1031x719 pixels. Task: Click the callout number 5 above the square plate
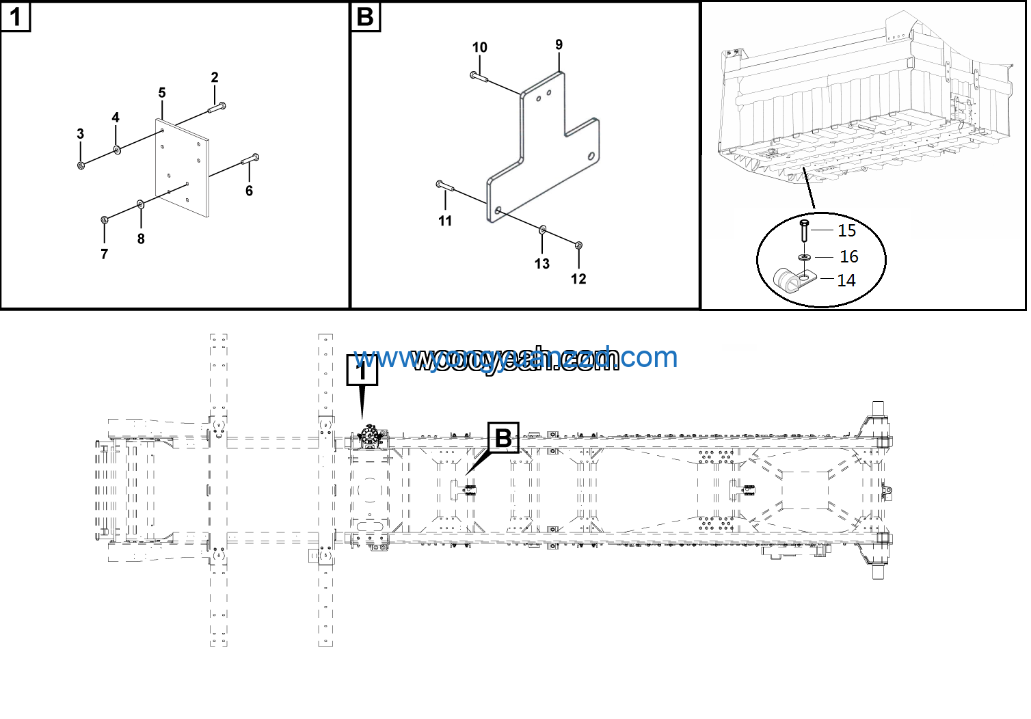(x=162, y=93)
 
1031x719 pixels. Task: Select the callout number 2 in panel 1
(x=215, y=77)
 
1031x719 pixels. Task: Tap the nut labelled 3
(x=81, y=165)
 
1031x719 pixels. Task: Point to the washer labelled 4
(x=118, y=149)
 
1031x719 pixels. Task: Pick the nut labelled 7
(x=105, y=219)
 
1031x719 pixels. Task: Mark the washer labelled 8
(x=141, y=204)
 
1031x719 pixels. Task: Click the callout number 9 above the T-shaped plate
(x=559, y=45)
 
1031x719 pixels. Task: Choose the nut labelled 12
(x=578, y=245)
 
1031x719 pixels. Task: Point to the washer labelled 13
(x=542, y=230)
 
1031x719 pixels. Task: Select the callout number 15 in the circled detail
(x=846, y=231)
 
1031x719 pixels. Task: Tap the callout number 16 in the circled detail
(x=848, y=257)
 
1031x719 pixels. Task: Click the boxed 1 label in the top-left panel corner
(x=15, y=17)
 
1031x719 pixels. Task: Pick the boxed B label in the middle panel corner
(x=365, y=17)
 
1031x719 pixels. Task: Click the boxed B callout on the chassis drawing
(x=503, y=438)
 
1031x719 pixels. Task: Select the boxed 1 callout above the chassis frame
(x=362, y=370)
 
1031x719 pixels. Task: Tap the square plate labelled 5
(x=182, y=167)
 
